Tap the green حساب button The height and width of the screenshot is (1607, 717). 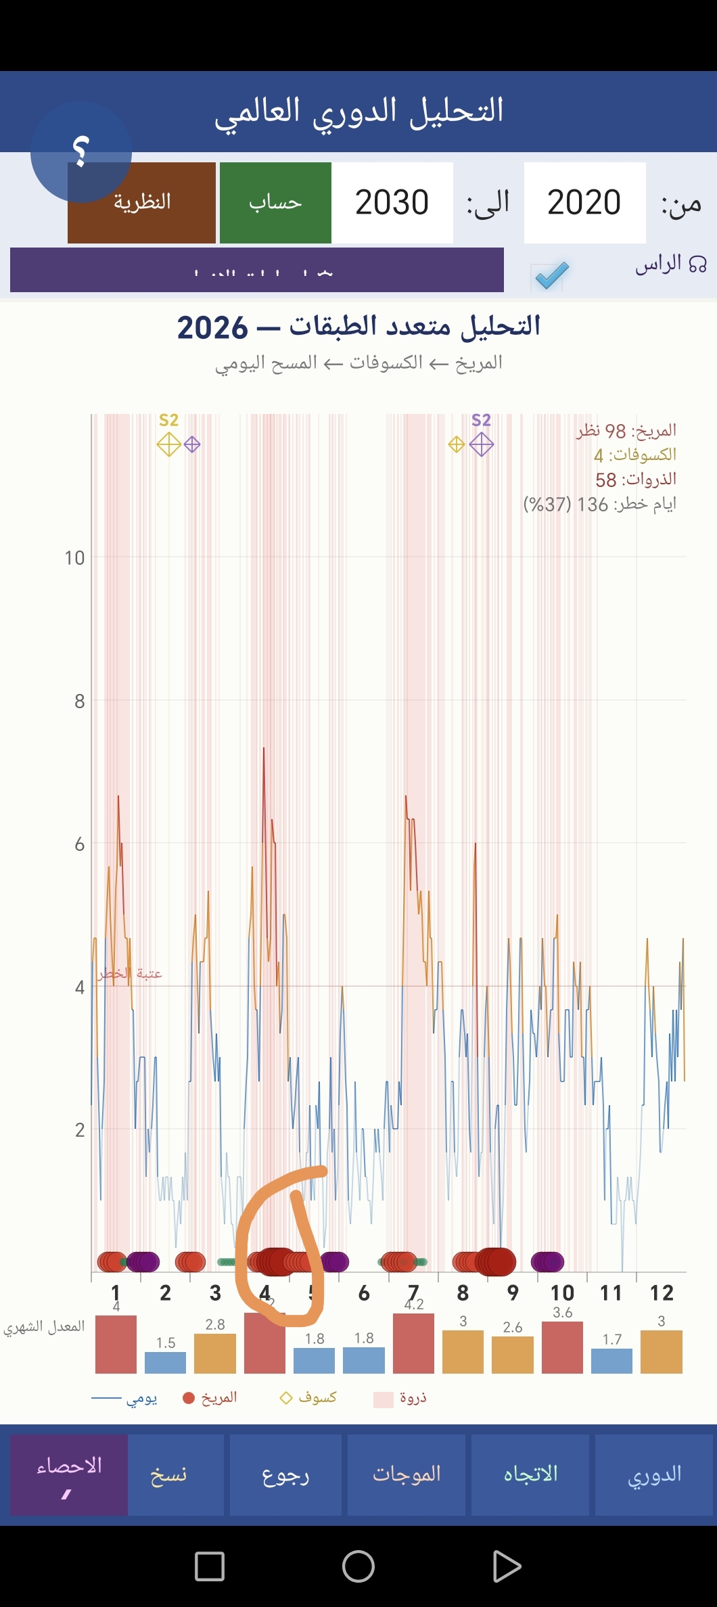point(275,203)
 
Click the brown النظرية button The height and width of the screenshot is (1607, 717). point(141,203)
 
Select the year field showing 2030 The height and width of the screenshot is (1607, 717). point(392,203)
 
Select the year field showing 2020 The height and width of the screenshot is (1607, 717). point(584,203)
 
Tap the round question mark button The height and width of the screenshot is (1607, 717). point(81,152)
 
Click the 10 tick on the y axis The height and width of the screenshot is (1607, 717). point(74,558)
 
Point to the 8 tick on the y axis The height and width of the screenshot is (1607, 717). point(80,701)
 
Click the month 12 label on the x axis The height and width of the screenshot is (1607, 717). point(661,1293)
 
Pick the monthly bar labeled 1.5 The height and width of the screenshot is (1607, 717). point(165,1362)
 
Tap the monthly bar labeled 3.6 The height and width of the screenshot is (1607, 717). point(562,1347)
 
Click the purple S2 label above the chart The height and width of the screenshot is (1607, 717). point(481,420)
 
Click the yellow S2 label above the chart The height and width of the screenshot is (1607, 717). point(168,420)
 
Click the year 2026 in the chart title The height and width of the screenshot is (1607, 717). point(212,328)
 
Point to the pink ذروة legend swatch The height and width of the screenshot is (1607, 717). point(384,1399)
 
